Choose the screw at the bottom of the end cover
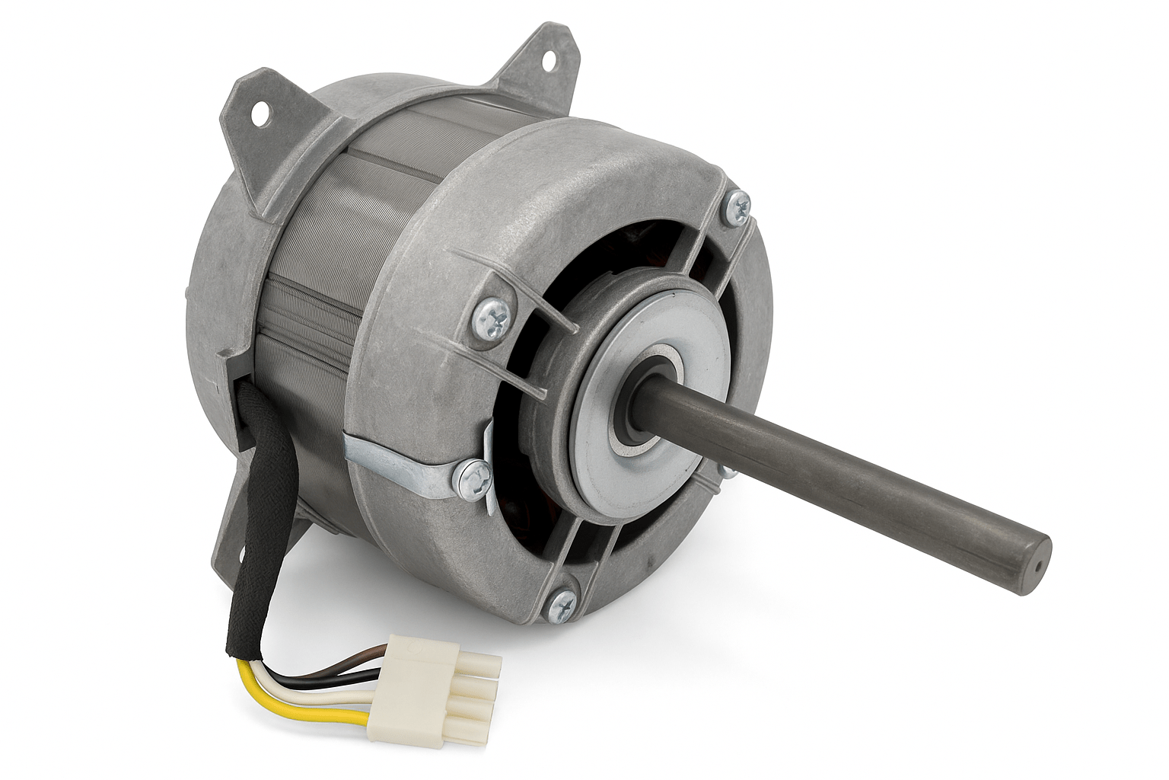click(x=566, y=605)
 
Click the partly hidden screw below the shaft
click(x=727, y=472)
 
